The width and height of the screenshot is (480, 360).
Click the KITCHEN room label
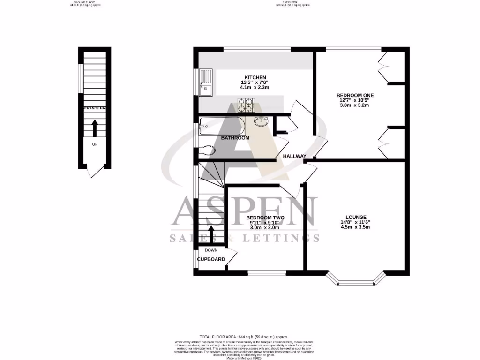[255, 77]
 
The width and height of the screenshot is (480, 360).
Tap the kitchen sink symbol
[205, 82]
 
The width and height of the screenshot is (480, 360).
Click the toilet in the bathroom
[206, 150]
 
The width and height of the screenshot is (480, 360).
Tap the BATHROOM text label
[235, 138]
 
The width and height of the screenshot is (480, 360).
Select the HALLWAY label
[294, 156]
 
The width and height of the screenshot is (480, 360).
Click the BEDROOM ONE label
[355, 95]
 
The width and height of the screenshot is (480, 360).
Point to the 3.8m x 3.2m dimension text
[355, 105]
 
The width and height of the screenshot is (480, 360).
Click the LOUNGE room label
[356, 217]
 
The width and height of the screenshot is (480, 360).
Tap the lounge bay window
[357, 281]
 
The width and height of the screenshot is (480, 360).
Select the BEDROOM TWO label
[265, 218]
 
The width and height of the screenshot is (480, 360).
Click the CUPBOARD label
[211, 259]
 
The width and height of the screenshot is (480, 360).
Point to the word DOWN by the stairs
[211, 250]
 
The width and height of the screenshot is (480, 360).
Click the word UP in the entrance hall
[95, 144]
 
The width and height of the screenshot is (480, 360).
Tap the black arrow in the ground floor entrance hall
[95, 127]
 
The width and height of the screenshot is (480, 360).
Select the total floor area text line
[244, 337]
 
